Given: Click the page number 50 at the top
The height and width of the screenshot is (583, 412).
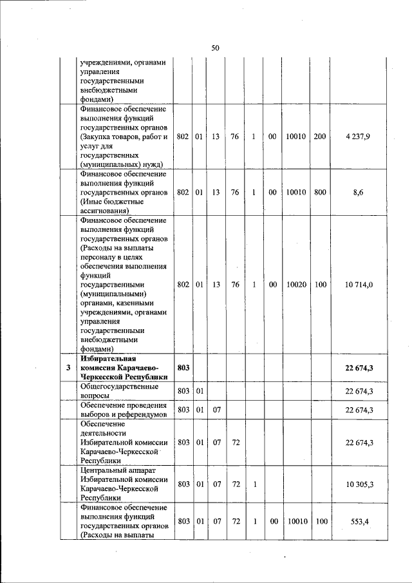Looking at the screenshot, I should [x=216, y=47].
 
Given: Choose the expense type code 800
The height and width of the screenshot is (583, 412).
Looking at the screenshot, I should [x=320, y=192].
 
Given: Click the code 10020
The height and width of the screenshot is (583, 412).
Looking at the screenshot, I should [x=296, y=284].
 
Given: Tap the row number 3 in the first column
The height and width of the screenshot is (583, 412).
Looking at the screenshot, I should [x=68, y=368].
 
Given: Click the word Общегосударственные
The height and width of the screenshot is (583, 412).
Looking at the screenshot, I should [x=118, y=387].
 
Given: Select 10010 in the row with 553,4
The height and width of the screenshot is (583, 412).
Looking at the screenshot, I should [x=296, y=521].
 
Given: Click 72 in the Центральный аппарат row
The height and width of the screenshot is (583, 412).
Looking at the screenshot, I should [x=235, y=484].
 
